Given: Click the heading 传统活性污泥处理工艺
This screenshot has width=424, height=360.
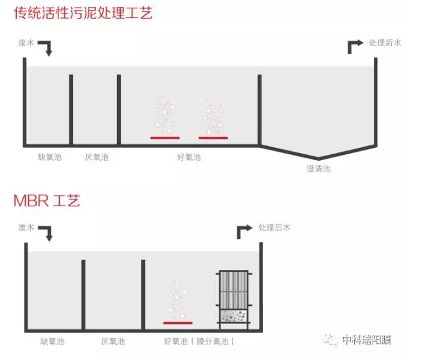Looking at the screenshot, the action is click(83, 13).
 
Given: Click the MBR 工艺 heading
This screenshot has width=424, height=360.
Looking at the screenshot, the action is click(47, 201).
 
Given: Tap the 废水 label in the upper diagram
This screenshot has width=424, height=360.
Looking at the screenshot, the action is click(26, 43).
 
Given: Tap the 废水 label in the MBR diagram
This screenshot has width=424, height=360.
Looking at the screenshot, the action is click(26, 228).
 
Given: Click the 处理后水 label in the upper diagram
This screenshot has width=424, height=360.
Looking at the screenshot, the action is click(385, 43).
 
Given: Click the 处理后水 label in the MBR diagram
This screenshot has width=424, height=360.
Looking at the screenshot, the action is click(274, 228).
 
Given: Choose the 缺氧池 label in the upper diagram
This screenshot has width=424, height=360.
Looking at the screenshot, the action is click(49, 157).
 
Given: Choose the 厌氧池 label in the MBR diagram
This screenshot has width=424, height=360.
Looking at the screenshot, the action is click(113, 341).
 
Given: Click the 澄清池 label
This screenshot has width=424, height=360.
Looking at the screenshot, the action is click(319, 168).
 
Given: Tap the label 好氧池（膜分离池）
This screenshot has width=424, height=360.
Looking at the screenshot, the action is click(199, 341).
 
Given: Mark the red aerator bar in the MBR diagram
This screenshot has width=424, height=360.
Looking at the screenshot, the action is click(178, 323).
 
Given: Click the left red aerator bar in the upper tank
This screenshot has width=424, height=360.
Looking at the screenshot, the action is click(165, 138).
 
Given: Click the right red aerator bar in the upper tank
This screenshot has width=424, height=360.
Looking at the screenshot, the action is click(213, 138).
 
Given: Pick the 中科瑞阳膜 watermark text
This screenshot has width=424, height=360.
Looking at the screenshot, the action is click(367, 340).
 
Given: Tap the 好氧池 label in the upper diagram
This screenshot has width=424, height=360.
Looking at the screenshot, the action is click(189, 157).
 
